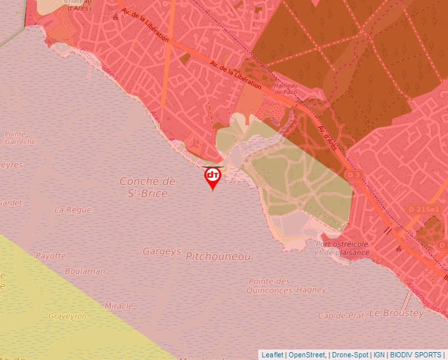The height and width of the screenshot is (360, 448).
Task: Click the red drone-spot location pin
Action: click(x=212, y=176)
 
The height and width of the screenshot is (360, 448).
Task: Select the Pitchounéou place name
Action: click(x=218, y=256)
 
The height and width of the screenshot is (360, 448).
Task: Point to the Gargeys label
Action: click(x=161, y=251)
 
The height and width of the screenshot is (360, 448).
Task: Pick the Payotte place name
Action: click(x=51, y=255)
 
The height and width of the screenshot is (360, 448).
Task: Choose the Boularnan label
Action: click(x=84, y=270)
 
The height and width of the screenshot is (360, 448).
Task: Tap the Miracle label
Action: click(x=119, y=305)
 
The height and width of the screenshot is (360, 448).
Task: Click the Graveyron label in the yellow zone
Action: click(x=67, y=316)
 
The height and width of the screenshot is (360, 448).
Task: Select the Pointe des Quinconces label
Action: click(x=269, y=286)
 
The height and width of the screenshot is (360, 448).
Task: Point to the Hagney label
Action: click(x=312, y=290)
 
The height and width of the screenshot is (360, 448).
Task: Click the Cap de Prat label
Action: click(x=341, y=315)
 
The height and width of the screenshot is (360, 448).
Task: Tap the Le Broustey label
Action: click(x=396, y=313)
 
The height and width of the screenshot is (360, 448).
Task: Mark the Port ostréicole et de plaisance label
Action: click(x=342, y=247)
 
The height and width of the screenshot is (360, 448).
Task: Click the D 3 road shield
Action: click(x=354, y=174)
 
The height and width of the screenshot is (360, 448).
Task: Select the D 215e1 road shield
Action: click(x=423, y=209)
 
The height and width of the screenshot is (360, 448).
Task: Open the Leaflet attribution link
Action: click(x=272, y=355)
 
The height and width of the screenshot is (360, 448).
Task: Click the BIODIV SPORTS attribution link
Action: click(x=416, y=355)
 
